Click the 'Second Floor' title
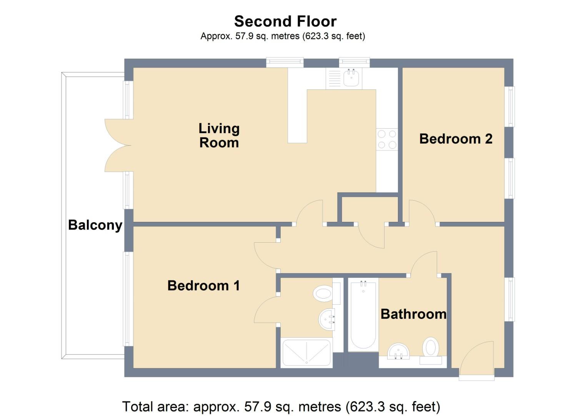pyautogui.click(x=285, y=21)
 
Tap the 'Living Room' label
pyautogui.click(x=219, y=135)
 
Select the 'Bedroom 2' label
pyautogui.click(x=455, y=139)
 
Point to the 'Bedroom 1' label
pyautogui.click(x=203, y=285)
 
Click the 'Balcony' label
pyautogui.click(x=95, y=225)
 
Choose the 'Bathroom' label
pyautogui.click(x=413, y=314)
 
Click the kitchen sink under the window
pyautogui.click(x=351, y=78)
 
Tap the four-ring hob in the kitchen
pyautogui.click(x=387, y=139)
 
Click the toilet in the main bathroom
pyautogui.click(x=431, y=348)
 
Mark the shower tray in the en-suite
pyautogui.click(x=306, y=352)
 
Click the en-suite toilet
pyautogui.click(x=323, y=294)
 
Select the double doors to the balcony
pyautogui.click(x=118, y=145)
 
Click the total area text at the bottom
pyautogui.click(x=281, y=406)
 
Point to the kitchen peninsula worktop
pyautogui.click(x=297, y=116)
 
